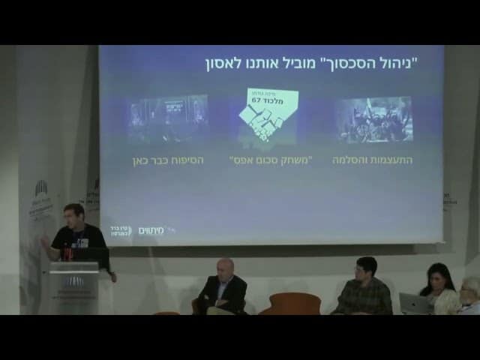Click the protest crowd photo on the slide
tap(373, 118)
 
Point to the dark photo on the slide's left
tap(167, 118)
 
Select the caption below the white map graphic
tap(269, 160)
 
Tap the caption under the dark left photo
tap(168, 160)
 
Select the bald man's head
tap(224, 268)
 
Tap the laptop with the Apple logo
tap(413, 303)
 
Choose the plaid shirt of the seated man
tap(363, 296)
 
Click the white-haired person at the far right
tap(469, 294)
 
